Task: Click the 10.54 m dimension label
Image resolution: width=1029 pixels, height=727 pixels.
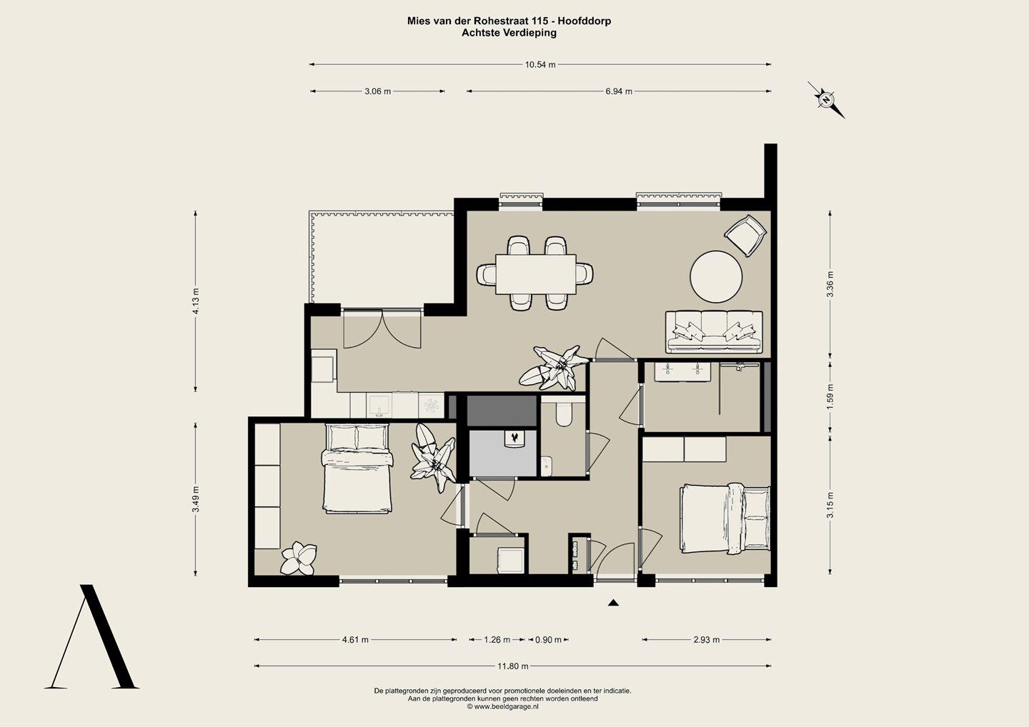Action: [540, 65]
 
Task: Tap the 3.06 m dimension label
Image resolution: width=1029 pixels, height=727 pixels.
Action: [377, 91]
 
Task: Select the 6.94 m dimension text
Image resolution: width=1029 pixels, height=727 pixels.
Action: [619, 91]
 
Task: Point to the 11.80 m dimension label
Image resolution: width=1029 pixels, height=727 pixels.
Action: [512, 666]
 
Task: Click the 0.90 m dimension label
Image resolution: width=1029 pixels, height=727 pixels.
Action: [548, 640]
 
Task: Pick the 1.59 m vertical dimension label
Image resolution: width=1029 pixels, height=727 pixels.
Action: [830, 396]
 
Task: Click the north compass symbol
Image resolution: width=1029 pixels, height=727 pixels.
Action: [826, 99]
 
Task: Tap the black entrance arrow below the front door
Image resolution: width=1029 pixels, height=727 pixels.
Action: [613, 603]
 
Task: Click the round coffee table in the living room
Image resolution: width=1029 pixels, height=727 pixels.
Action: [716, 276]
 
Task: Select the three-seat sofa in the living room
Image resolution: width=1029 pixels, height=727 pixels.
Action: [715, 332]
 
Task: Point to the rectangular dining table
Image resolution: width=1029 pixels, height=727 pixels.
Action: [536, 274]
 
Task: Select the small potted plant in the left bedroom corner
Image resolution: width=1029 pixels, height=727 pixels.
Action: [299, 558]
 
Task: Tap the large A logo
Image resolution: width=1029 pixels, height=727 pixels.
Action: [91, 636]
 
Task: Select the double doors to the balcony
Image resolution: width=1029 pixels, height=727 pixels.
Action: [382, 329]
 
